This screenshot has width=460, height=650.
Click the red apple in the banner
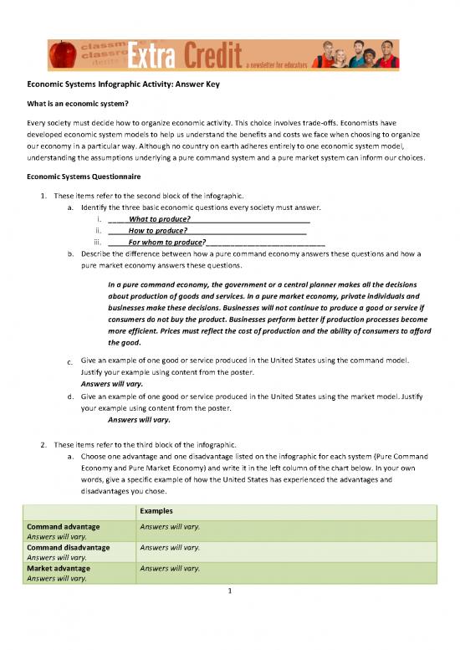pyautogui.click(x=64, y=55)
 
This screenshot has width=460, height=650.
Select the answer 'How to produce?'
pyautogui.click(x=157, y=231)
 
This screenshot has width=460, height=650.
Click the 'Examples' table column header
pyautogui.click(x=153, y=509)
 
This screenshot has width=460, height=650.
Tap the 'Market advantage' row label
pyautogui.click(x=59, y=568)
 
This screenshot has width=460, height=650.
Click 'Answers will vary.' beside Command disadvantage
pyautogui.click(x=170, y=548)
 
